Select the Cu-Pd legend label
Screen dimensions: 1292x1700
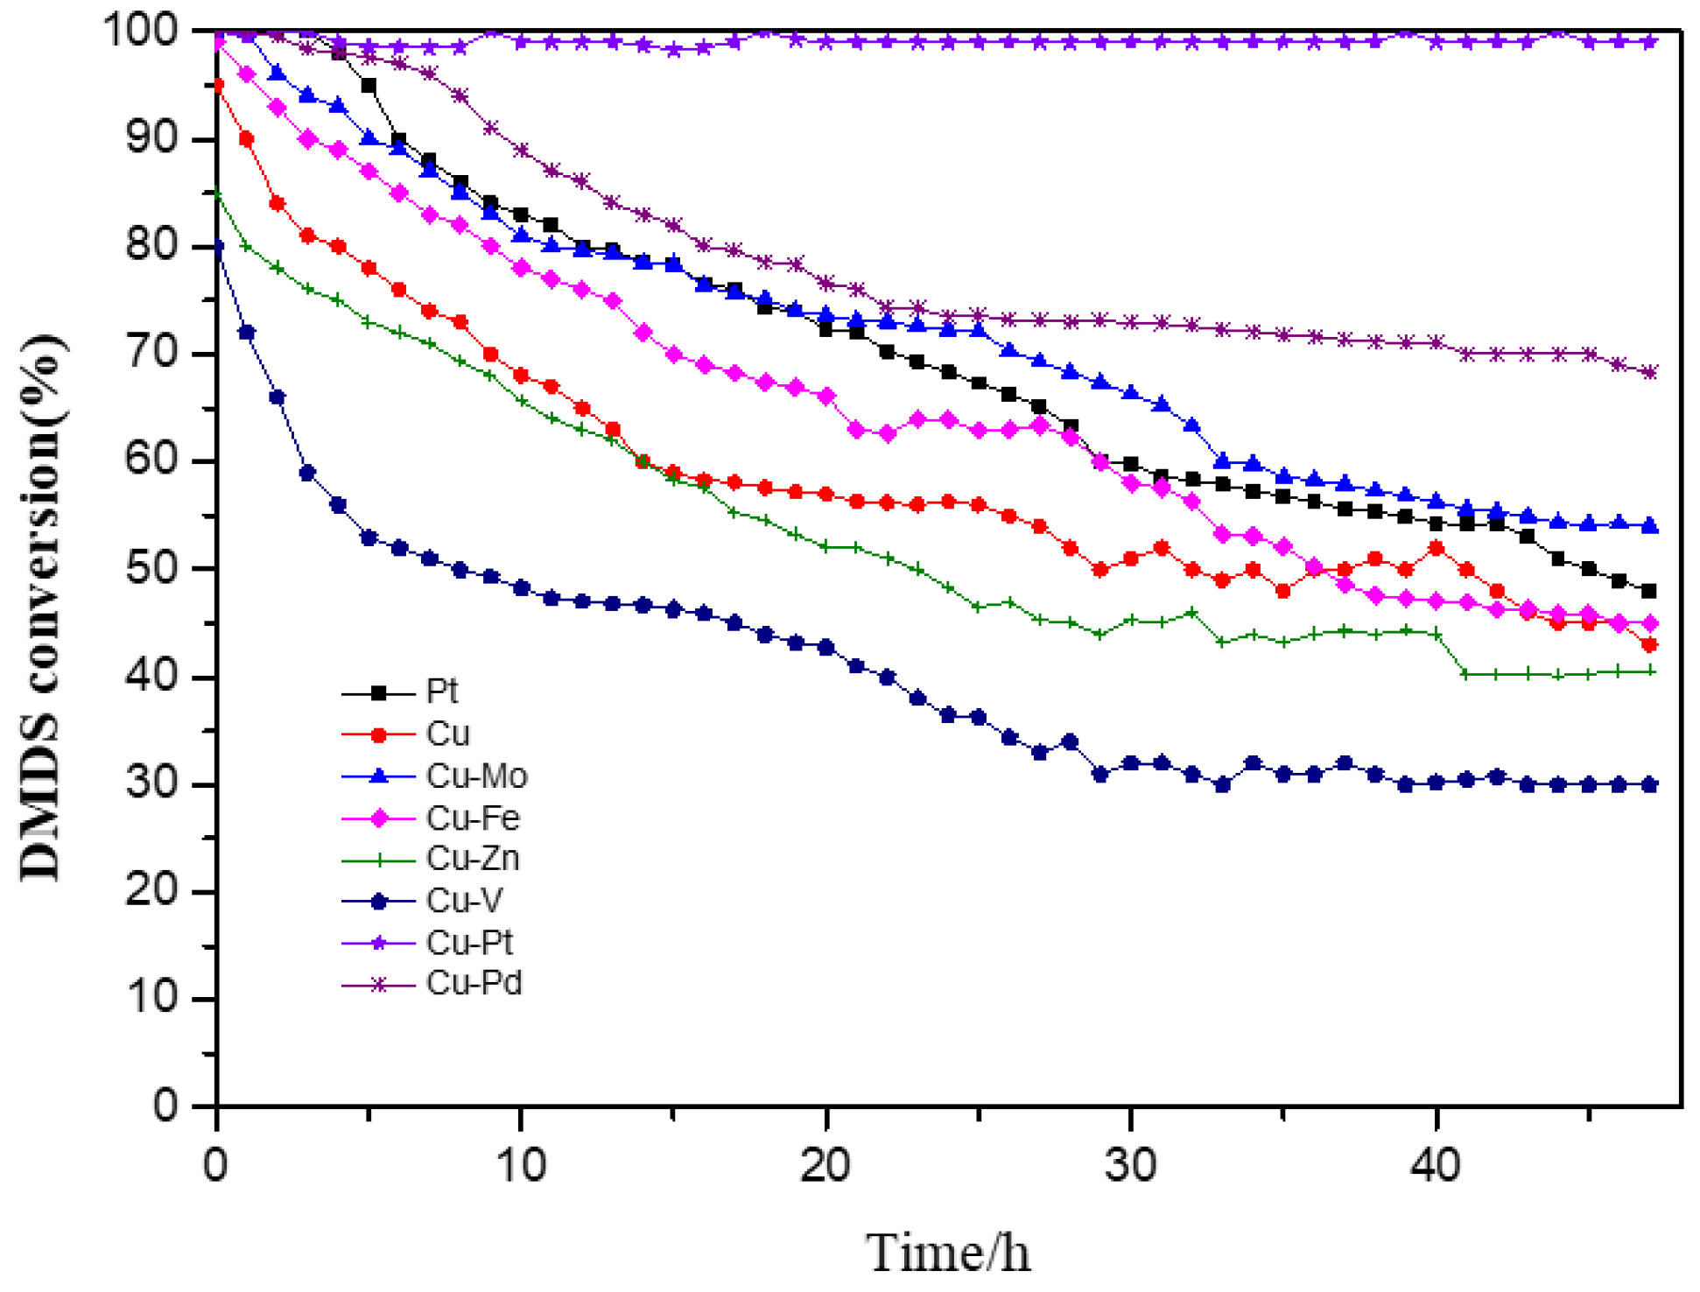pyautogui.click(x=474, y=984)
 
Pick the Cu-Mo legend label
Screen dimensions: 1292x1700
pyautogui.click(x=477, y=776)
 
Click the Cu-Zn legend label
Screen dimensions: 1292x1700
pyautogui.click(x=473, y=859)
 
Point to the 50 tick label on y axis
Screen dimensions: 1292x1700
pyautogui.click(x=152, y=569)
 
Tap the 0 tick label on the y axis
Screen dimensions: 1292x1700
pyautogui.click(x=166, y=1106)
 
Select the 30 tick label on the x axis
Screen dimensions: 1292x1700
pyautogui.click(x=1130, y=1165)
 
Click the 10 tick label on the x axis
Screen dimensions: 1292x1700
pyautogui.click(x=521, y=1165)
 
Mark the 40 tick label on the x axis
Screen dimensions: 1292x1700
pyautogui.click(x=1436, y=1165)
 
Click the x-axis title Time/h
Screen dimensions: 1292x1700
pyautogui.click(x=948, y=1253)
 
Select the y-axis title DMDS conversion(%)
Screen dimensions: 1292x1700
pyautogui.click(x=42, y=607)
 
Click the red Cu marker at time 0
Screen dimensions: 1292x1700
pyautogui.click(x=217, y=86)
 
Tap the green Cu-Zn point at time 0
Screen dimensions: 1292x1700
pyautogui.click(x=217, y=193)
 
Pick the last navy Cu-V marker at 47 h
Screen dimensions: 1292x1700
pyautogui.click(x=1649, y=785)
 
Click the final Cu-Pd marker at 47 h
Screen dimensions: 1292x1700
pyautogui.click(x=1649, y=373)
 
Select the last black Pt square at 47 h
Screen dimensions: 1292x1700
pyautogui.click(x=1649, y=592)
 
